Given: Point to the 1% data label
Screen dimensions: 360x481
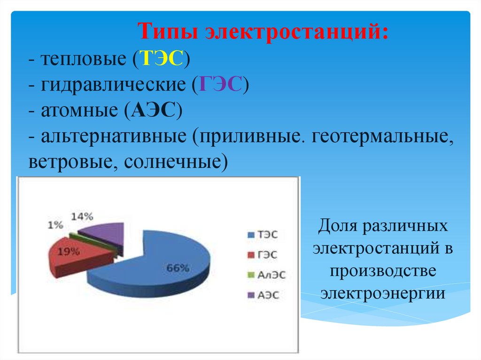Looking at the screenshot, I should (x=55, y=225).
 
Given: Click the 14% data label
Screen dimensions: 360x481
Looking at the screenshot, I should (x=83, y=216).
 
